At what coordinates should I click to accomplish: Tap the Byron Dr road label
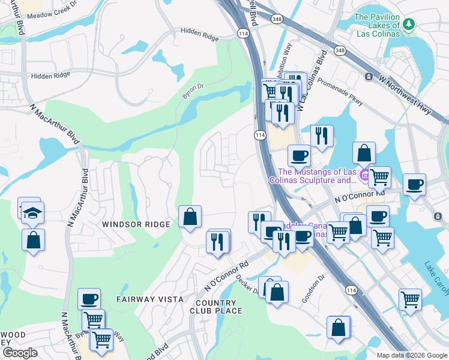tap(193, 91)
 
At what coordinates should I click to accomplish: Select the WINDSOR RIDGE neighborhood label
tap(136, 224)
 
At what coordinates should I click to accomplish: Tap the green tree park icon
tap(409, 24)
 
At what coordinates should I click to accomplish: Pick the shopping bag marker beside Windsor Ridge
tap(190, 217)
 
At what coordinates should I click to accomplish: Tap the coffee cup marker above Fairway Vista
tap(89, 298)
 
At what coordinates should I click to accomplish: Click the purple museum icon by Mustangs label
tap(364, 175)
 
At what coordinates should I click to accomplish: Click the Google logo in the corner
tap(20, 353)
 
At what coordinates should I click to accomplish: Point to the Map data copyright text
tap(411, 355)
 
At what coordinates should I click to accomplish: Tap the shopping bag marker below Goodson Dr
tap(339, 329)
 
